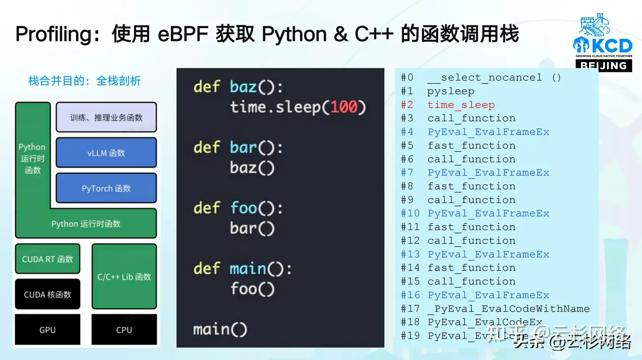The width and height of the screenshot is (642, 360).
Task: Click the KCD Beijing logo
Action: click(x=602, y=42)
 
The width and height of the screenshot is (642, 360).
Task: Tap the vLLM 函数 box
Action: click(x=106, y=153)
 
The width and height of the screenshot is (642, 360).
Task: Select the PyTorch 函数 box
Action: click(x=106, y=188)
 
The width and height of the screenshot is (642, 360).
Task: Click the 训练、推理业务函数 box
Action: click(x=106, y=117)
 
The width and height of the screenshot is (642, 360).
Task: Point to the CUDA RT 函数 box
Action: click(x=48, y=259)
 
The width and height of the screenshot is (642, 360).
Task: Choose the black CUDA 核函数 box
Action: click(x=48, y=294)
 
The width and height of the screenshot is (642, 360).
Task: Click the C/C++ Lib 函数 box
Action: click(x=124, y=277)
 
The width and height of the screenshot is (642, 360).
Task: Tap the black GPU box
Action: click(x=48, y=330)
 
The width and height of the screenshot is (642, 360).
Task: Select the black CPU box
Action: click(x=124, y=330)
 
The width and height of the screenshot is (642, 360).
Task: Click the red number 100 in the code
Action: click(x=344, y=107)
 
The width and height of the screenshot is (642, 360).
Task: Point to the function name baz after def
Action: click(x=244, y=87)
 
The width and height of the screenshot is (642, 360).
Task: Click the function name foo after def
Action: click(x=244, y=208)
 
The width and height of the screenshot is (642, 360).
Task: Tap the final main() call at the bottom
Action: click(x=220, y=330)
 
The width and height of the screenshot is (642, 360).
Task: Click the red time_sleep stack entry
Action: click(x=461, y=105)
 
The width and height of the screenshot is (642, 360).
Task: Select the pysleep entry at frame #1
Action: click(x=451, y=91)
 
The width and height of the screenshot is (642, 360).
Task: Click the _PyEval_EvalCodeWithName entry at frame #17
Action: click(x=509, y=309)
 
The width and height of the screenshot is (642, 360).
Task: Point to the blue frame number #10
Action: click(x=410, y=213)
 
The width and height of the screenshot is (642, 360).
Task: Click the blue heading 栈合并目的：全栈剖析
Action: click(x=85, y=81)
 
